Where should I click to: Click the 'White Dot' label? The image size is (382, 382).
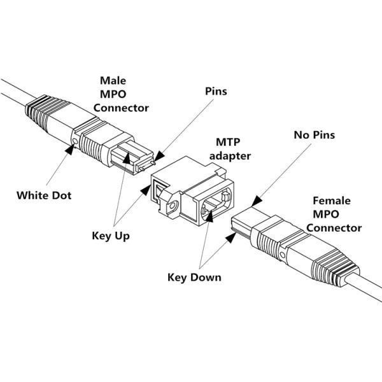[x=43, y=195]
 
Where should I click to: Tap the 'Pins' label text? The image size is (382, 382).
[x=215, y=92]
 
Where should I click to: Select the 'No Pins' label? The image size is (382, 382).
[x=314, y=135]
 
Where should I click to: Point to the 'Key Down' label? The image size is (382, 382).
[x=194, y=277]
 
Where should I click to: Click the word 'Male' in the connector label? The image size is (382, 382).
[x=113, y=80]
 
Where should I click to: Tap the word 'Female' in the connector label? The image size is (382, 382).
[x=330, y=201]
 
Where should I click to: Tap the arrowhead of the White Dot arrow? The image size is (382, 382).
[x=71, y=148]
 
